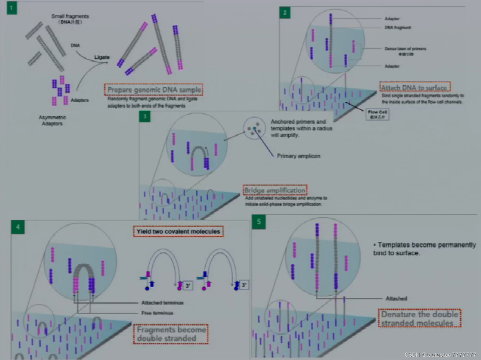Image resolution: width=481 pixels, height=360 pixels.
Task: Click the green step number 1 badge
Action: pyautogui.click(x=12, y=8)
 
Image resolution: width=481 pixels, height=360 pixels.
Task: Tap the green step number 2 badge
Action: pyautogui.click(x=285, y=13)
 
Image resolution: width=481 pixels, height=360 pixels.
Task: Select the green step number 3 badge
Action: pyautogui.click(x=145, y=116)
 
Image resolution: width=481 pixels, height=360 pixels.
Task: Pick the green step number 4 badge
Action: pyautogui.click(x=18, y=227)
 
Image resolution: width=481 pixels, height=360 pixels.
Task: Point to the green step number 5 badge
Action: pyautogui.click(x=259, y=222)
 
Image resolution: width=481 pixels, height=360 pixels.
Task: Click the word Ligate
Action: pyautogui.click(x=102, y=57)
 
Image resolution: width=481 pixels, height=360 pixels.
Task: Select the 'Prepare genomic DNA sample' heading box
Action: pyautogui.click(x=154, y=89)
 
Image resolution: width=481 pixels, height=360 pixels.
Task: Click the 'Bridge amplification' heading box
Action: pyautogui.click(x=275, y=190)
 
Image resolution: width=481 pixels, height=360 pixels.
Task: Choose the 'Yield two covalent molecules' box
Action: pyautogui.click(x=178, y=231)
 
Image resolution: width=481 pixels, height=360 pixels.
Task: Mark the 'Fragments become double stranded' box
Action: pyautogui.click(x=171, y=334)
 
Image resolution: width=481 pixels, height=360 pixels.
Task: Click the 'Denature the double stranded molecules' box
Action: pyautogui.click(x=419, y=318)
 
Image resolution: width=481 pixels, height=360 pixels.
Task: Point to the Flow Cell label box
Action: pyautogui.click(x=377, y=114)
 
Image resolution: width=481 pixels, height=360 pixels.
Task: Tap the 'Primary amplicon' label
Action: pyautogui.click(x=298, y=156)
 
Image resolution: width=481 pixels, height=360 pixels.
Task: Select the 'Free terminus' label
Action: pyautogui.click(x=157, y=313)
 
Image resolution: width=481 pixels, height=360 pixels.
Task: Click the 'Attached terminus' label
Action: pyautogui.click(x=162, y=303)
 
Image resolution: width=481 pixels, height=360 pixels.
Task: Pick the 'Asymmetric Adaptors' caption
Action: pyautogui.click(x=52, y=121)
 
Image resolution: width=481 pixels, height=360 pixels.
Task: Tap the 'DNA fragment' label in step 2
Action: pyautogui.click(x=398, y=28)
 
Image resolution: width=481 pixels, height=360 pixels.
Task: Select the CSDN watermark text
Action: pyautogui.click(x=440, y=355)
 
